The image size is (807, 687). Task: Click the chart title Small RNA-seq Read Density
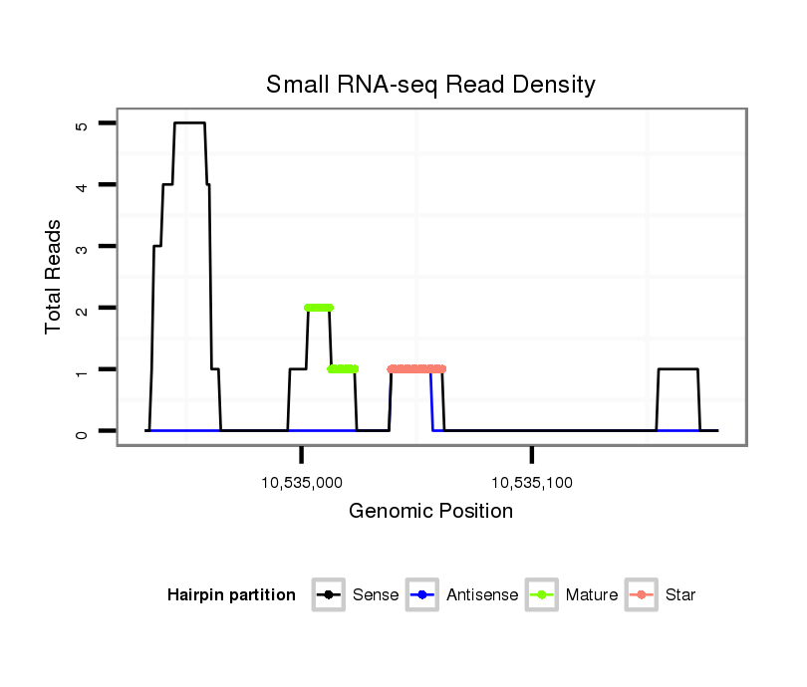click(x=430, y=85)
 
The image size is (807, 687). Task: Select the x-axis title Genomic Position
click(x=430, y=512)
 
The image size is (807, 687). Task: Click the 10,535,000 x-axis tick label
click(x=302, y=484)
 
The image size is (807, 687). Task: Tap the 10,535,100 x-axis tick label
click(x=532, y=484)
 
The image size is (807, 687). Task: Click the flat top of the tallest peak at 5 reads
click(x=189, y=123)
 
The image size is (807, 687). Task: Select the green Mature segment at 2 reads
click(x=319, y=308)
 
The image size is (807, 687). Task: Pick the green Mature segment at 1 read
click(x=343, y=369)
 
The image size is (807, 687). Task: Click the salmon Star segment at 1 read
click(x=416, y=368)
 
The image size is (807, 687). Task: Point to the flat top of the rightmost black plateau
click(x=677, y=369)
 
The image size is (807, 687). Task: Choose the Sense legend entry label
click(x=376, y=595)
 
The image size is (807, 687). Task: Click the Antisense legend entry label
click(x=482, y=595)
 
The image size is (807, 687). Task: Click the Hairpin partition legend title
click(x=231, y=595)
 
